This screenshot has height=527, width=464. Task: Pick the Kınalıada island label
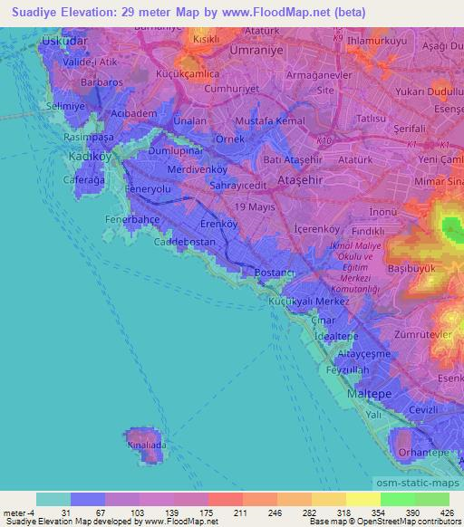147,446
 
